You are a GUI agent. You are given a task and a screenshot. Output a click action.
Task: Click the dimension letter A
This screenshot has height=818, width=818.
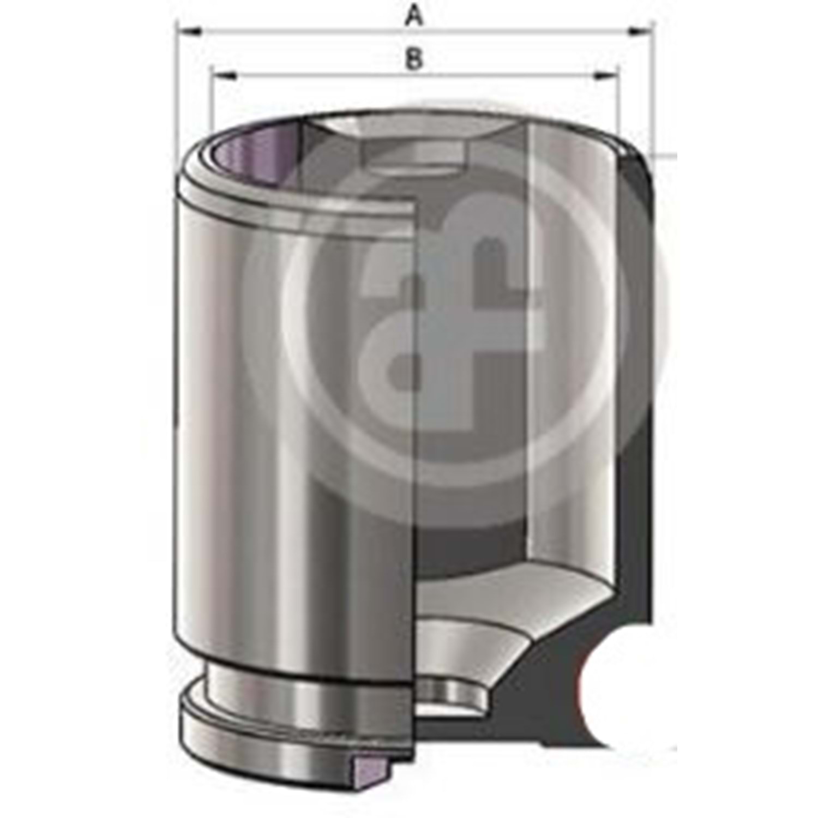414,16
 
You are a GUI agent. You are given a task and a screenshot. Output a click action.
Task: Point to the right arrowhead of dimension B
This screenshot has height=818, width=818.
605,75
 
